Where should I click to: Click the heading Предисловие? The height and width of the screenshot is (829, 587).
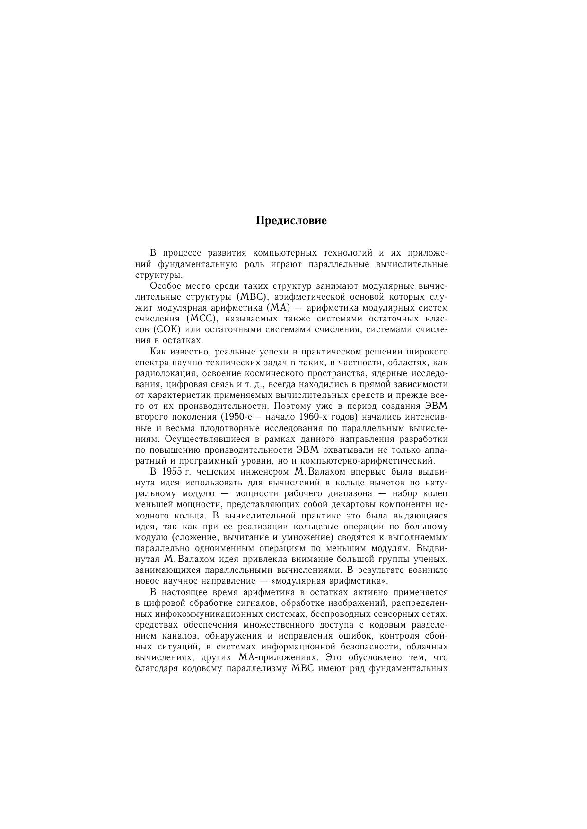(291, 221)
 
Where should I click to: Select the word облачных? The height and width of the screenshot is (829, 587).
(429, 647)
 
